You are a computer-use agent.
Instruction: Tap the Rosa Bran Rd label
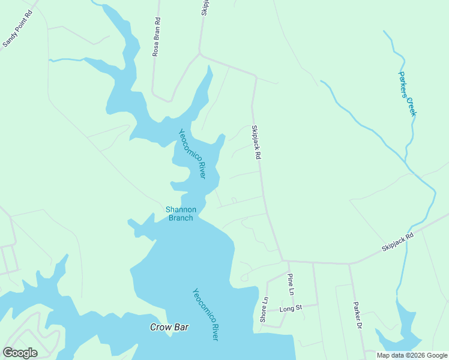point(157,37)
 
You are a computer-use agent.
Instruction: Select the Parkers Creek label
point(407,94)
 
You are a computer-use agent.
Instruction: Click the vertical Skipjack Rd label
point(256,142)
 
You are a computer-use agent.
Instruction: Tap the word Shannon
point(181,209)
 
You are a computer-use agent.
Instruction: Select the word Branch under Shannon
point(181,218)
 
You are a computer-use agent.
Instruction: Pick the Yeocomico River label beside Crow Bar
point(205,314)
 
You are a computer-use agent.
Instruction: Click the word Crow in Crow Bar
point(160,327)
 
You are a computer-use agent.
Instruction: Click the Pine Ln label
point(291,284)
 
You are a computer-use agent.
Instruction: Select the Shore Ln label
point(264,310)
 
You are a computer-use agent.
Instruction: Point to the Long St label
point(291,308)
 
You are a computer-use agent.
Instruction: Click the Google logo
point(20,353)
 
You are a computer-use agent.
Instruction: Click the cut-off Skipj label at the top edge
point(205,7)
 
